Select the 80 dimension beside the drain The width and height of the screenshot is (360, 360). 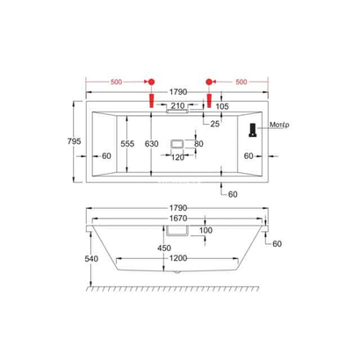[199, 143]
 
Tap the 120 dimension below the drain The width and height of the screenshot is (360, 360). [178, 158]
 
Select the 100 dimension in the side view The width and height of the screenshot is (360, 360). [205, 230]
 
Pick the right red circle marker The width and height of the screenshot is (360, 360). [211, 79]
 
